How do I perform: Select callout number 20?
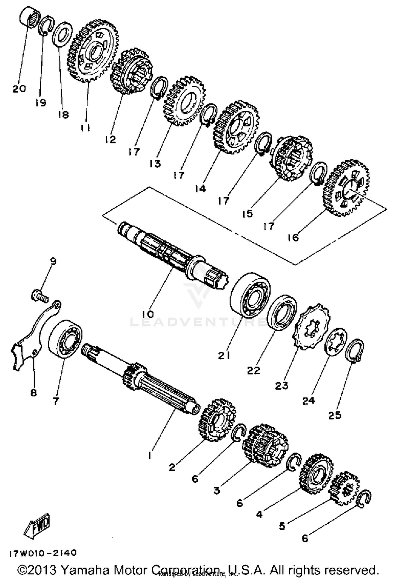click(19, 89)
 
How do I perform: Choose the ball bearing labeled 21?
click(250, 294)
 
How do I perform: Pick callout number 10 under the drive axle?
click(148, 314)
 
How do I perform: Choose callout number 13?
click(155, 164)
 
